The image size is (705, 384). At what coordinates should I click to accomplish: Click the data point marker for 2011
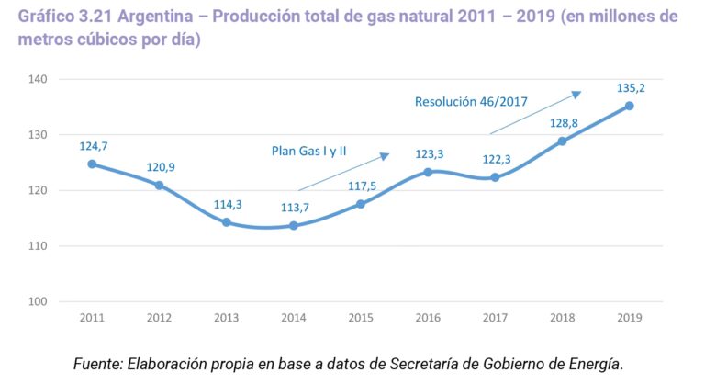coord(92,164)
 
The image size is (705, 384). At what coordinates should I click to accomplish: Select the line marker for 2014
coord(293,225)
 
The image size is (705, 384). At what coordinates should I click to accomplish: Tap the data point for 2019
coord(629,106)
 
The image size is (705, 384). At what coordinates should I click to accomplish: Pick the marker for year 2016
coord(428,172)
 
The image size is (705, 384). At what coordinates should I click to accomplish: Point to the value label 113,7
coord(294,207)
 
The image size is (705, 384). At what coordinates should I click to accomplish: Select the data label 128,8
coord(562,123)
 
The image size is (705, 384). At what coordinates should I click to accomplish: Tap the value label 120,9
coord(160,167)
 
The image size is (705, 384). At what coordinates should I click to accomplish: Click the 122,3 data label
coord(496,159)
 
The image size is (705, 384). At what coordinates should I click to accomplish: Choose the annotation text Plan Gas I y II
coord(308,150)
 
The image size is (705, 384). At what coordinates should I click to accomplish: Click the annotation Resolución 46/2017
coord(471,102)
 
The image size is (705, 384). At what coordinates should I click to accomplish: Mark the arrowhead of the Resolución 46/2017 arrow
coord(576,94)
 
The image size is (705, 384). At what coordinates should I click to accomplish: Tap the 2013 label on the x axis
coord(226,318)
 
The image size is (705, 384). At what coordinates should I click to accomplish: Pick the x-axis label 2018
coord(562,318)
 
